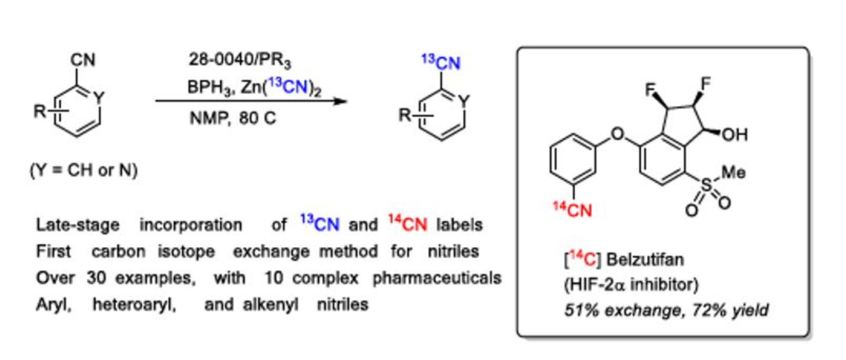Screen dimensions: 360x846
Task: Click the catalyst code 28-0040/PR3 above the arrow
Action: tap(240, 60)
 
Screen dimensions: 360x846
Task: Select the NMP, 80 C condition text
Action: tap(232, 118)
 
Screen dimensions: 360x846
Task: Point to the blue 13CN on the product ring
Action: tap(441, 62)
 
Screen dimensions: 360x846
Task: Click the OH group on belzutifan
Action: tap(734, 135)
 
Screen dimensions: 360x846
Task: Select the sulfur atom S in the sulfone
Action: tap(706, 184)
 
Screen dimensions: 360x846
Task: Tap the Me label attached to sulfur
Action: tap(733, 172)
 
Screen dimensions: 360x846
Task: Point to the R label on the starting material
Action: tap(40, 111)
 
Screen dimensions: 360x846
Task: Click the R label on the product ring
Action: tap(405, 116)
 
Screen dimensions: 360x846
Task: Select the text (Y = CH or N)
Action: tap(84, 170)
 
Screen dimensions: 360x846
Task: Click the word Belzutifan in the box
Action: tap(645, 260)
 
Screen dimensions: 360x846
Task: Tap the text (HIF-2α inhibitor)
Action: tap(631, 284)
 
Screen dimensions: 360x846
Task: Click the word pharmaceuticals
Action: tap(436, 278)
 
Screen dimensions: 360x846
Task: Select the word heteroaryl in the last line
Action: tap(134, 305)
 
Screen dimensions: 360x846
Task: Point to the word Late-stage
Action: tap(77, 225)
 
